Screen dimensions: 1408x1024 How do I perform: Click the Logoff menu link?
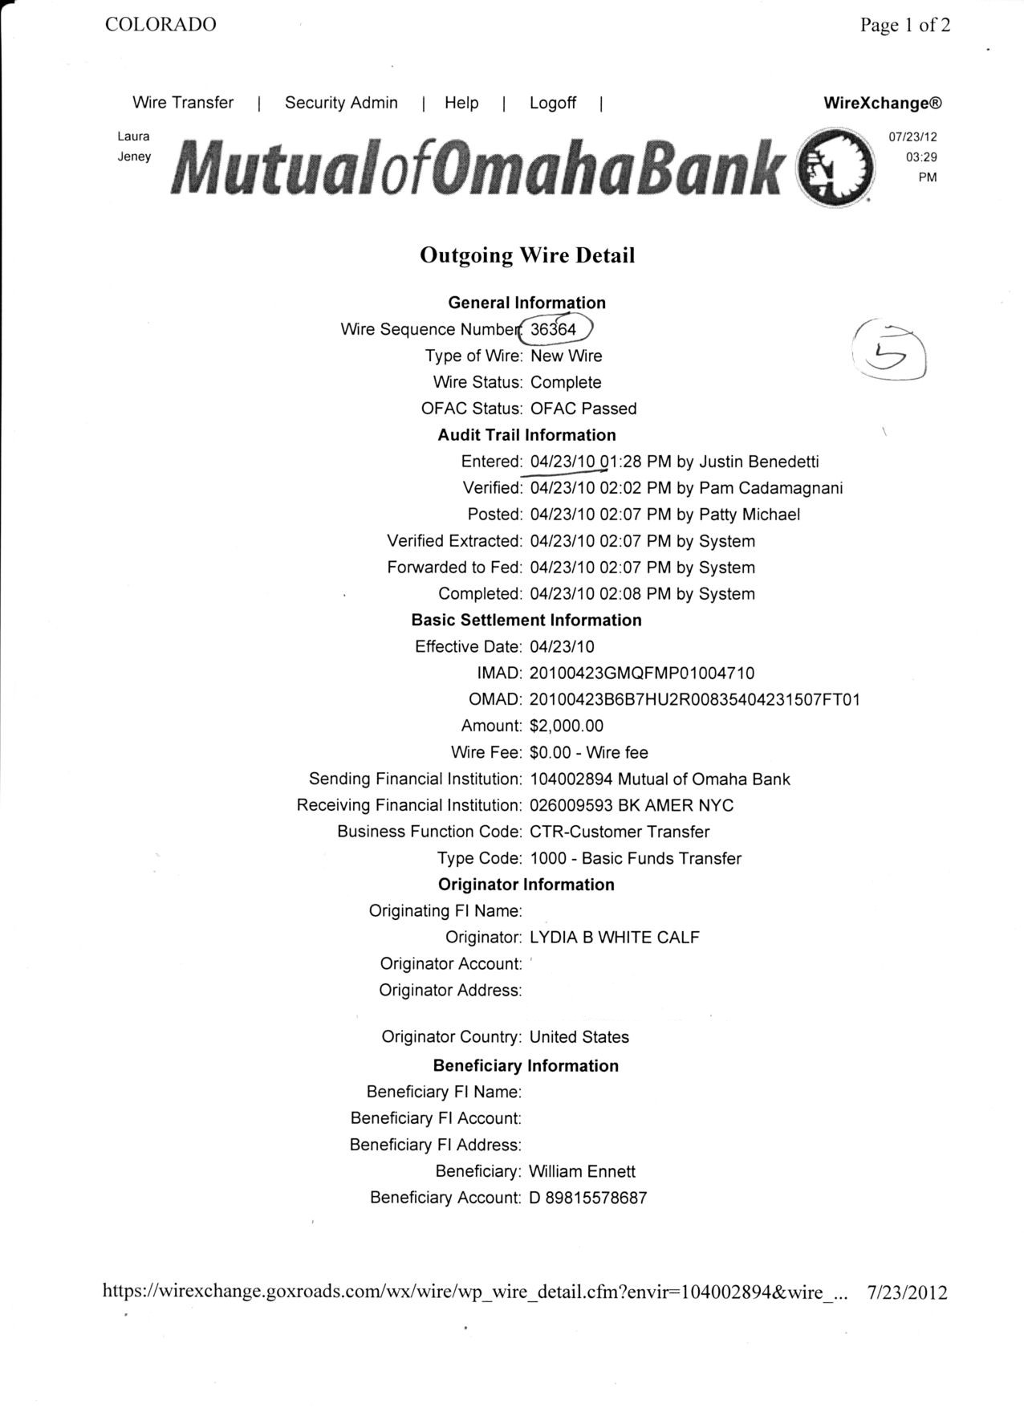(x=552, y=103)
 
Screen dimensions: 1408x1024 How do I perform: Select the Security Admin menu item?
(x=341, y=103)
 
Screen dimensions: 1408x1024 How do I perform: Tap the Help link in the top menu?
(x=461, y=103)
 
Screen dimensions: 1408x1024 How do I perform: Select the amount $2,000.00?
(x=567, y=726)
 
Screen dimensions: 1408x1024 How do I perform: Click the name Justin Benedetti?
(x=759, y=462)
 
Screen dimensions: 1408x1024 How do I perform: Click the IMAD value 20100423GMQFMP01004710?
(x=642, y=673)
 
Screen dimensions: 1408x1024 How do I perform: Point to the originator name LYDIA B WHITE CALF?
(x=615, y=938)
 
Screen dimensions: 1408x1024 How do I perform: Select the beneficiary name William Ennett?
(x=582, y=1172)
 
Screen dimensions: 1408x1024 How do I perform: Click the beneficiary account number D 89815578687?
(x=588, y=1198)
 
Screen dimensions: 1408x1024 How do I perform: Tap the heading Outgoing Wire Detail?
(x=527, y=255)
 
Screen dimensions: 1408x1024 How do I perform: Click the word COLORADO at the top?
(x=161, y=25)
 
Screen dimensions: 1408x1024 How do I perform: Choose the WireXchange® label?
(x=882, y=104)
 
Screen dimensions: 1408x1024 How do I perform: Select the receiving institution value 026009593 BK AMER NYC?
(x=632, y=805)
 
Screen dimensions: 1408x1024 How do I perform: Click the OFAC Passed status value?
(x=583, y=409)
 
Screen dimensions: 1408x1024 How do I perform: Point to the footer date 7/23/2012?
(x=908, y=1292)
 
